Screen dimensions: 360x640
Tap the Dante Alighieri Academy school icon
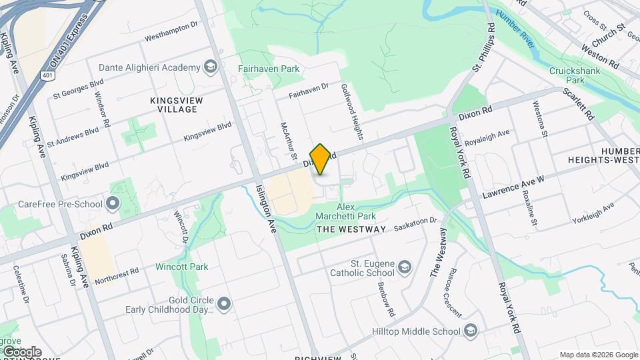pos(211,67)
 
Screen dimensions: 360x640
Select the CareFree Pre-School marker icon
pos(113,204)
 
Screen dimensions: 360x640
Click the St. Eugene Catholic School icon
pos(405,269)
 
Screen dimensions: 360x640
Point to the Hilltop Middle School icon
pos(471,331)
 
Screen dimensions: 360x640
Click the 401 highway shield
pos(47,76)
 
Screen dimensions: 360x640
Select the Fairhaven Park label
pos(269,69)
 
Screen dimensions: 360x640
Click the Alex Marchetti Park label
pos(356,212)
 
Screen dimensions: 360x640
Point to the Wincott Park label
pos(181,267)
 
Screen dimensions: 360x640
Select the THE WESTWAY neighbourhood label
pos(351,229)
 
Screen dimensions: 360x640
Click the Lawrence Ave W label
pos(513,187)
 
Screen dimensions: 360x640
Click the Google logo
pos(21,351)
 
